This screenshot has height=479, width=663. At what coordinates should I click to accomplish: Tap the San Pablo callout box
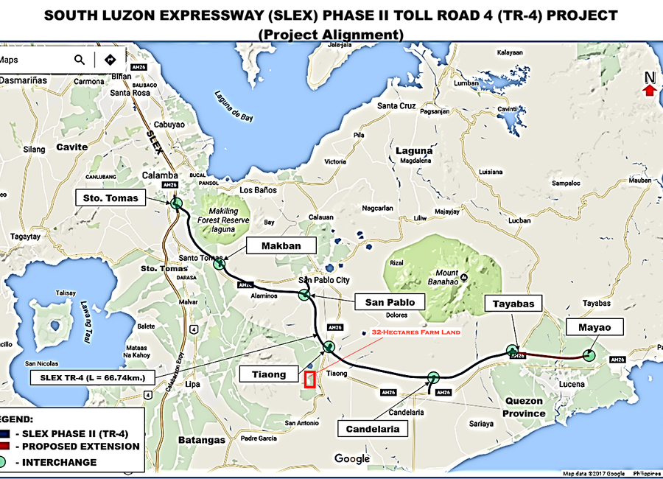pyautogui.click(x=390, y=302)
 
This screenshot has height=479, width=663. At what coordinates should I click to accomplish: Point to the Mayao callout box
pyautogui.click(x=594, y=327)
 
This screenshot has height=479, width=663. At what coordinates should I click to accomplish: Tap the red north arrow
pyautogui.click(x=649, y=90)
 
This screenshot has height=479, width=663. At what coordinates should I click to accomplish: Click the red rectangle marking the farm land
pyautogui.click(x=310, y=380)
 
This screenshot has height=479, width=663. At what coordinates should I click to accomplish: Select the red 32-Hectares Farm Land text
pyautogui.click(x=416, y=332)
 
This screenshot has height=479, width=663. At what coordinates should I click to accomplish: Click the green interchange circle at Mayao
pyautogui.click(x=589, y=355)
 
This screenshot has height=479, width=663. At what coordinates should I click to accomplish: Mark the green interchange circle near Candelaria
pyautogui.click(x=433, y=378)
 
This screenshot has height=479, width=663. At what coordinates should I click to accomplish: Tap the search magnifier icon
pyautogui.click(x=80, y=60)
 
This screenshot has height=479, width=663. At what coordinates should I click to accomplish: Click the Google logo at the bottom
pyautogui.click(x=352, y=459)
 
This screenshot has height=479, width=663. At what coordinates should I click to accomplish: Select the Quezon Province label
pyautogui.click(x=525, y=407)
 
